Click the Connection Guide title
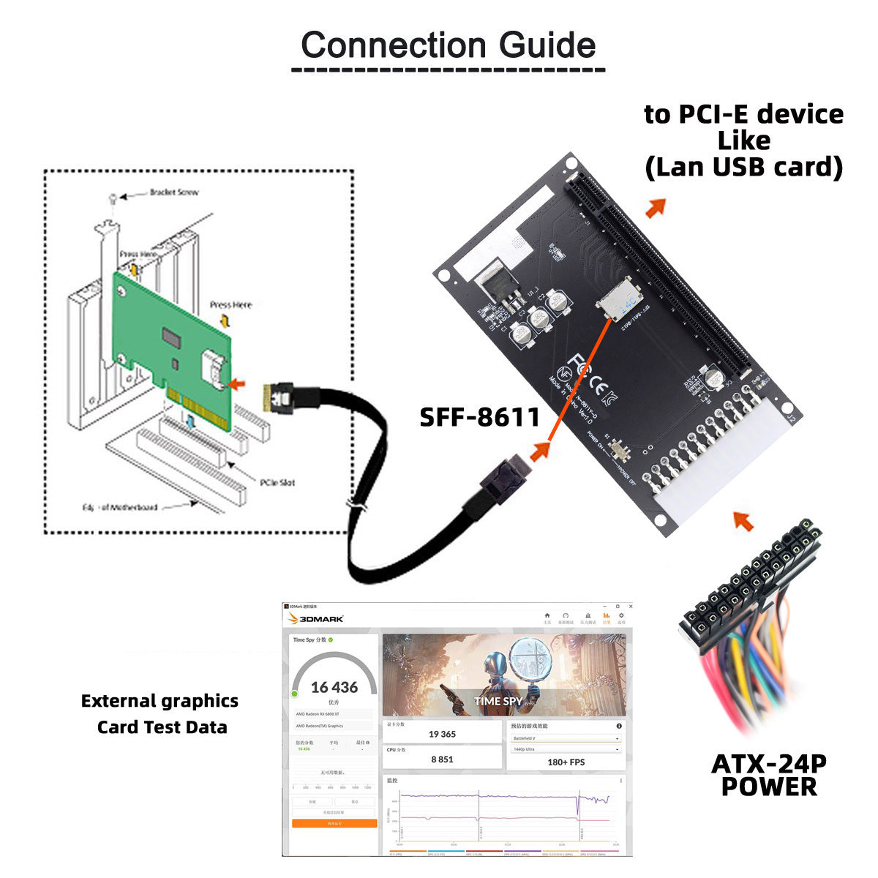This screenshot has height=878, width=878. (448, 45)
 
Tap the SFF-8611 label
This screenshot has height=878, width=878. (479, 417)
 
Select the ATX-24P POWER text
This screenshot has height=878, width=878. (768, 776)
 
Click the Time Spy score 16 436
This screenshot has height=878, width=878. (334, 688)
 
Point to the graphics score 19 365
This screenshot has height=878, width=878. (442, 734)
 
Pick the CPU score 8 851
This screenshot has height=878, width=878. (442, 759)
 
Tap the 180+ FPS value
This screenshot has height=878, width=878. (566, 762)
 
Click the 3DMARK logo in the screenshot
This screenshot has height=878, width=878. (316, 619)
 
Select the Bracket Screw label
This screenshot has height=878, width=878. (174, 192)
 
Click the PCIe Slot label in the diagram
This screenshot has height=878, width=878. (277, 482)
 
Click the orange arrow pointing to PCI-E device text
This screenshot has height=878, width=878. (656, 208)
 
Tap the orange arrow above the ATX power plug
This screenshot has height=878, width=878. (743, 521)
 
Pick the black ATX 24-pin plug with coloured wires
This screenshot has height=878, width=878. (746, 585)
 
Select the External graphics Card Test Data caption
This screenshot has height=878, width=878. (160, 714)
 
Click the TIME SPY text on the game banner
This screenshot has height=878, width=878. (498, 701)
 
